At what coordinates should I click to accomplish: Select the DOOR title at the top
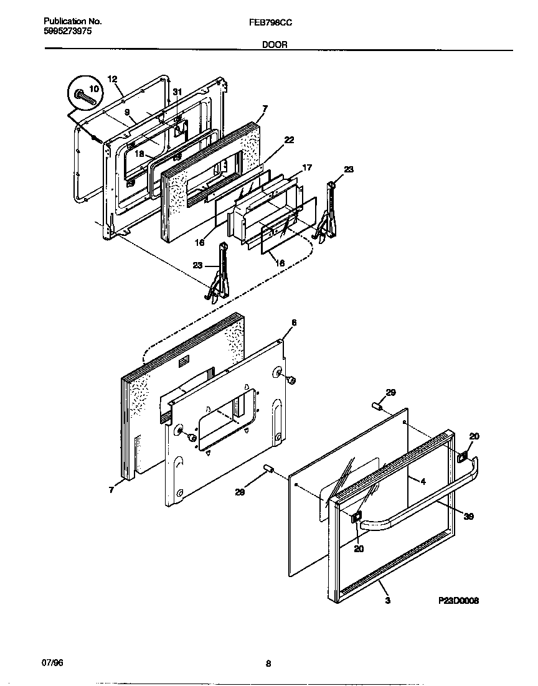(268, 45)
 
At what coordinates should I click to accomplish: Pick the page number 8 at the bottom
(268, 664)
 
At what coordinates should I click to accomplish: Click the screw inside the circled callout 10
(80, 96)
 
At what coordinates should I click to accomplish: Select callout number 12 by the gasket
(112, 79)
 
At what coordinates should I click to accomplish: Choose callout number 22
(289, 139)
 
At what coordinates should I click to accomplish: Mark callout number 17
(307, 167)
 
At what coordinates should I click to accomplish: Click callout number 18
(139, 153)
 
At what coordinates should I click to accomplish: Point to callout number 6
(294, 322)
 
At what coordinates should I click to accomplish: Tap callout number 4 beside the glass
(423, 481)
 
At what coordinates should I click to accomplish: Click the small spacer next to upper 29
(377, 406)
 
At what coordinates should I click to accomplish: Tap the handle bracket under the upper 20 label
(462, 458)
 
